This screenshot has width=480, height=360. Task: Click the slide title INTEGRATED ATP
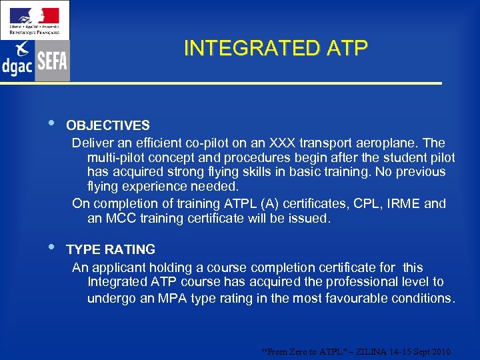[x=275, y=49]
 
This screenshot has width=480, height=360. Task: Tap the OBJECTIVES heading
[x=107, y=125]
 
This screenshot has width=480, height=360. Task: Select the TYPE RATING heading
[x=111, y=249]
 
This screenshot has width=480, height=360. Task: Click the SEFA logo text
[x=52, y=62]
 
